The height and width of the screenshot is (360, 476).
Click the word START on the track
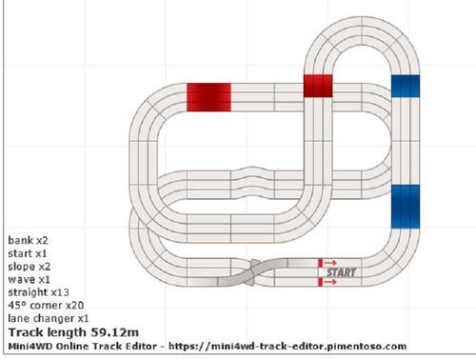[342, 272]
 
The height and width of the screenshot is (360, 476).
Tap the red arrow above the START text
[330, 263]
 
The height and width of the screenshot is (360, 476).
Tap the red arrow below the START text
[330, 282]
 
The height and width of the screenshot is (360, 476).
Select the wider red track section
[208, 97]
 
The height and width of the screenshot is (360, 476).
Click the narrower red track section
[318, 86]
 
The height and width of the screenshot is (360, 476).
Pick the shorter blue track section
[406, 86]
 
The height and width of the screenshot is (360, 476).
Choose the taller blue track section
[406, 207]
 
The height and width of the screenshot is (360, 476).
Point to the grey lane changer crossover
[253, 272]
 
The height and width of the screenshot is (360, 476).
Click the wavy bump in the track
[252, 183]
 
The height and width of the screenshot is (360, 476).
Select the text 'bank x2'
[28, 240]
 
